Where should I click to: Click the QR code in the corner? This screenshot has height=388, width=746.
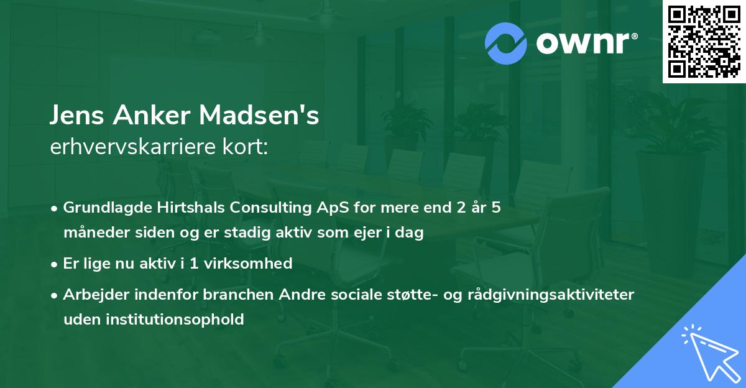tap(704, 41)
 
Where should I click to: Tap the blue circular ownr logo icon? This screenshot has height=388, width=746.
tap(506, 44)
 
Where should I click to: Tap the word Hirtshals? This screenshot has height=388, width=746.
tap(175, 208)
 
